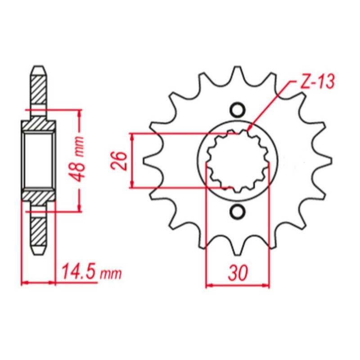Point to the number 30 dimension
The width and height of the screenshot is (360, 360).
coord(238,273)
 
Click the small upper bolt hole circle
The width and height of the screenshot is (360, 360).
coord(237,110)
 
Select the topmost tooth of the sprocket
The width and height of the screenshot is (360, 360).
coord(237,73)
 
